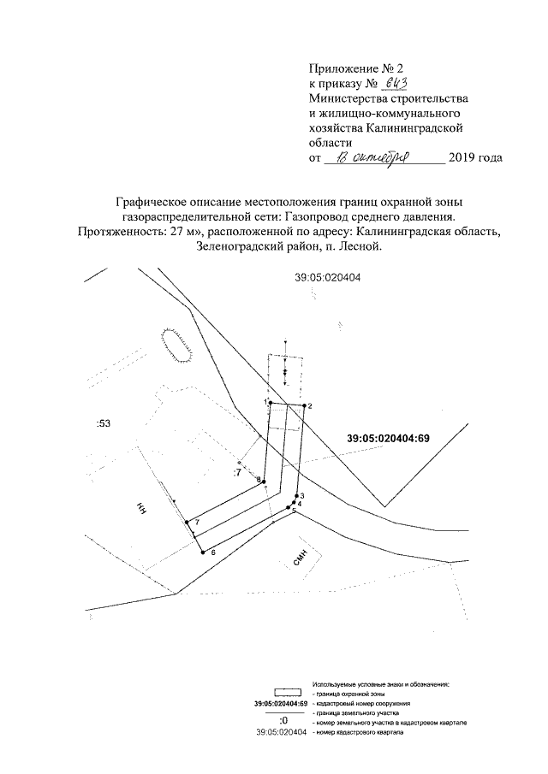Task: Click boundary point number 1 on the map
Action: click(270, 402)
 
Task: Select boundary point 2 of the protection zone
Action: click(304, 405)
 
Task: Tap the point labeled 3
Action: click(296, 496)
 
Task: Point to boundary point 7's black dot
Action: click(187, 522)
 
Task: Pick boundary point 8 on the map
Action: click(264, 480)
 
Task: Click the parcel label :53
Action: click(104, 423)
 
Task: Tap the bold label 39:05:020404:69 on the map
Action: click(388, 439)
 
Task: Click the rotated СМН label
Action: click(300, 560)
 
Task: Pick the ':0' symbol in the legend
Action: click(283, 724)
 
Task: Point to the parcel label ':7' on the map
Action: click(237, 471)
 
